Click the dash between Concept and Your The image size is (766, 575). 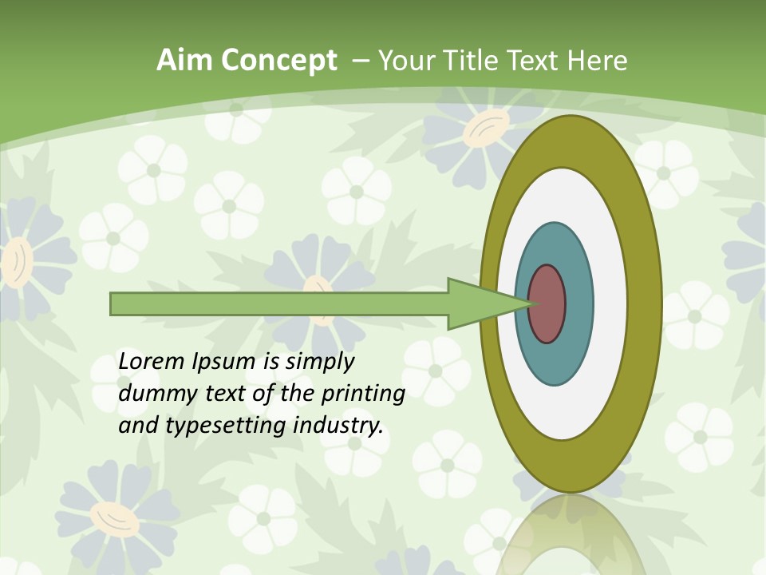pos(360,61)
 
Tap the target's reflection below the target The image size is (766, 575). pos(570,535)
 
